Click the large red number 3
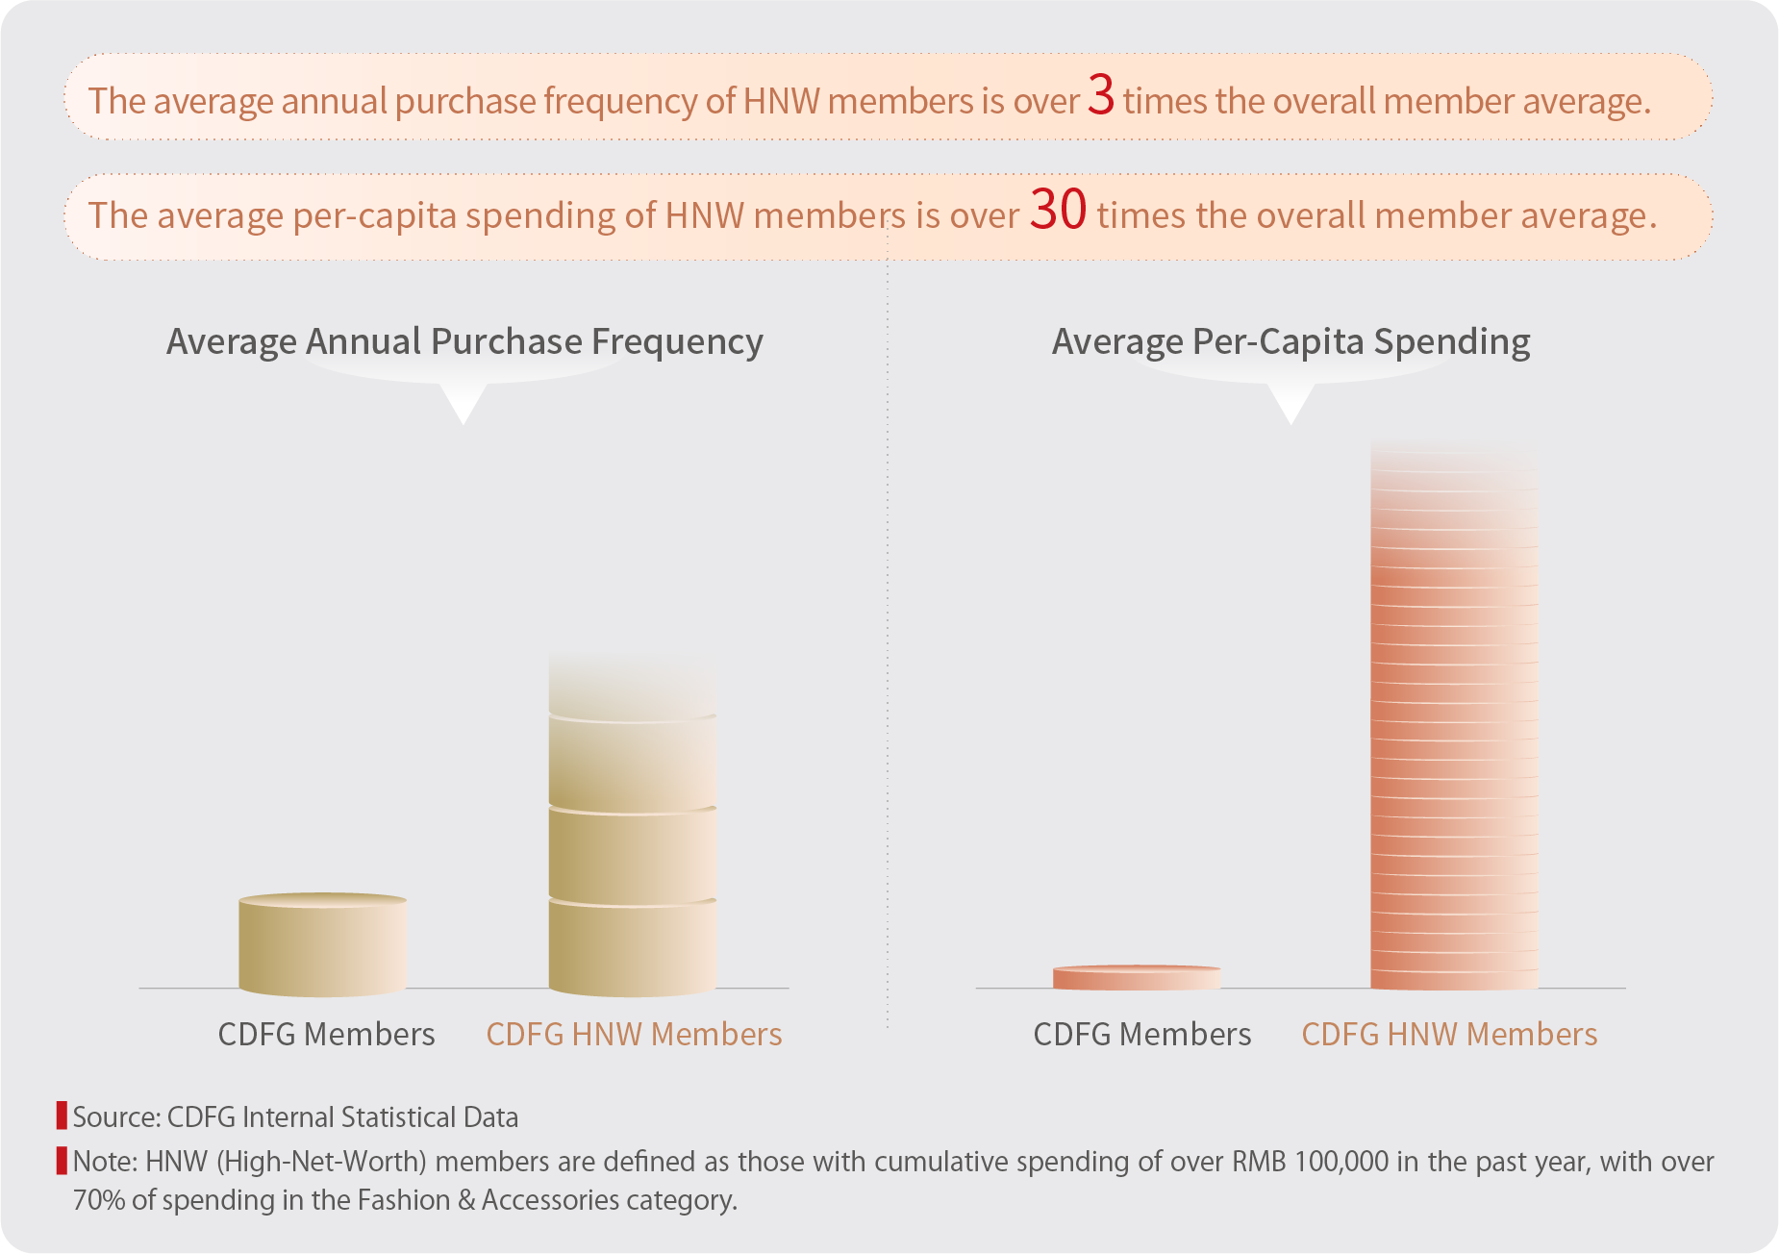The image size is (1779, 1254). pos(1101,96)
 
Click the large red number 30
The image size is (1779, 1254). pos(1058,210)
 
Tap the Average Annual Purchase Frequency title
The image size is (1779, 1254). pos(464,342)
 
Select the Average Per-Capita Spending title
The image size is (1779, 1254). pos(1290,342)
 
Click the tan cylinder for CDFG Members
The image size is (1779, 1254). pos(322,944)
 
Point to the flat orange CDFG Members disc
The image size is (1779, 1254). pos(1136,977)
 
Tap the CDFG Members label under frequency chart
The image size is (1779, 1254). pos(326,1035)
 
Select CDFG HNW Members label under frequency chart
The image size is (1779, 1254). pos(634,1035)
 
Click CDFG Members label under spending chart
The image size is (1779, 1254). pos(1141,1035)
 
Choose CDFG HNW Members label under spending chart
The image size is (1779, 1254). pos(1449,1035)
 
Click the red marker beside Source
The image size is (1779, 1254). pos(62,1116)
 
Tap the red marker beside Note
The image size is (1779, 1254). pos(62,1161)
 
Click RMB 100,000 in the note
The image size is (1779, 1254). pos(1310,1162)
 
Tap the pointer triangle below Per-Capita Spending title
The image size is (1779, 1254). pos(1290,402)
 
